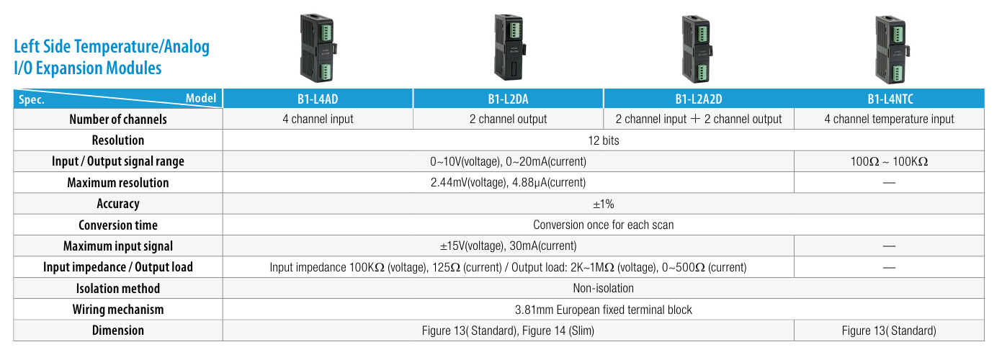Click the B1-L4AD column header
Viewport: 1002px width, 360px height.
point(318,99)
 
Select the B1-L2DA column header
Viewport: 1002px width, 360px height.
point(508,99)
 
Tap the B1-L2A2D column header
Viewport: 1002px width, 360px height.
point(698,99)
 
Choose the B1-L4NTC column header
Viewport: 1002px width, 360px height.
point(890,99)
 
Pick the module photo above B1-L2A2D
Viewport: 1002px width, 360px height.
point(697,47)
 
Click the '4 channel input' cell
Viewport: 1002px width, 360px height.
point(318,120)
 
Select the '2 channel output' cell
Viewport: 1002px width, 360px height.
point(508,120)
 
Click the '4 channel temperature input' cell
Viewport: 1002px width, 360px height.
point(889,120)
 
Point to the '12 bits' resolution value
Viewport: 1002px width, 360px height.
point(603,140)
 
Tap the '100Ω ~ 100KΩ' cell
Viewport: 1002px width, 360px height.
point(889,161)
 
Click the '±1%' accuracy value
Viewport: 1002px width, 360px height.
point(603,204)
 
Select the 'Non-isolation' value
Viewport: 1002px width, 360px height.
point(603,289)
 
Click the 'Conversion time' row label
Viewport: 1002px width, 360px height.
point(117,225)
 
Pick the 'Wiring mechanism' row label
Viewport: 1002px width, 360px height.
point(117,310)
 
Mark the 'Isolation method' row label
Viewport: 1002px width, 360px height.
point(117,289)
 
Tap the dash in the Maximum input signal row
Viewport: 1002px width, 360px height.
point(889,246)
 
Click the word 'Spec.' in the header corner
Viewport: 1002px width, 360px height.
point(32,100)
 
